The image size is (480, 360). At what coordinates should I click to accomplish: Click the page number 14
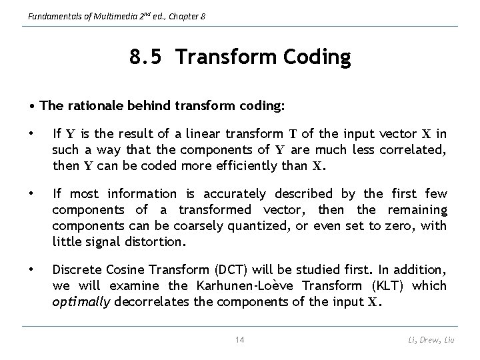(x=240, y=339)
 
